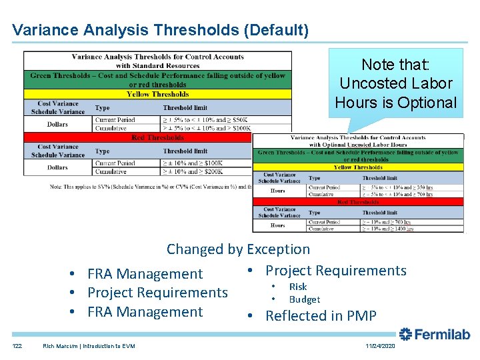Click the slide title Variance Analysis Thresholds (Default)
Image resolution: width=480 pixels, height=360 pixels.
tap(160, 30)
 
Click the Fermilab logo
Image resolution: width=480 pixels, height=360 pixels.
tap(434, 334)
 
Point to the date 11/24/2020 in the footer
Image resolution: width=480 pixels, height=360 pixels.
tap(380, 347)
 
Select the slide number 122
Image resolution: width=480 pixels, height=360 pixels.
tap(17, 346)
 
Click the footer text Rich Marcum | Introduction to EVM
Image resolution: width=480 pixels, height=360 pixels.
tap(88, 346)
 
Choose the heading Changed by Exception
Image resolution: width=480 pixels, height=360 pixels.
tap(238, 249)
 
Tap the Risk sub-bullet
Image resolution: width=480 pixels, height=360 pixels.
tap(297, 287)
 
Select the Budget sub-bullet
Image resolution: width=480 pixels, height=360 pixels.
tap(304, 300)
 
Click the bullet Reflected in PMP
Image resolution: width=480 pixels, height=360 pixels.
tap(321, 316)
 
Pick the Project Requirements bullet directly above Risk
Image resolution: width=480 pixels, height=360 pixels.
tap(335, 271)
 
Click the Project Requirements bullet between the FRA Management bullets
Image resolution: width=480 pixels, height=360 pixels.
tap(157, 293)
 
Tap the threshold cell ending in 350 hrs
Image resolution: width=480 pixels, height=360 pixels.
tap(398, 187)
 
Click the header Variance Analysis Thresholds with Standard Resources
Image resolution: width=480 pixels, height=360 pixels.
tap(157, 61)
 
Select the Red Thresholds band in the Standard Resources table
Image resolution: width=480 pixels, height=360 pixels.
tap(157, 137)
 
